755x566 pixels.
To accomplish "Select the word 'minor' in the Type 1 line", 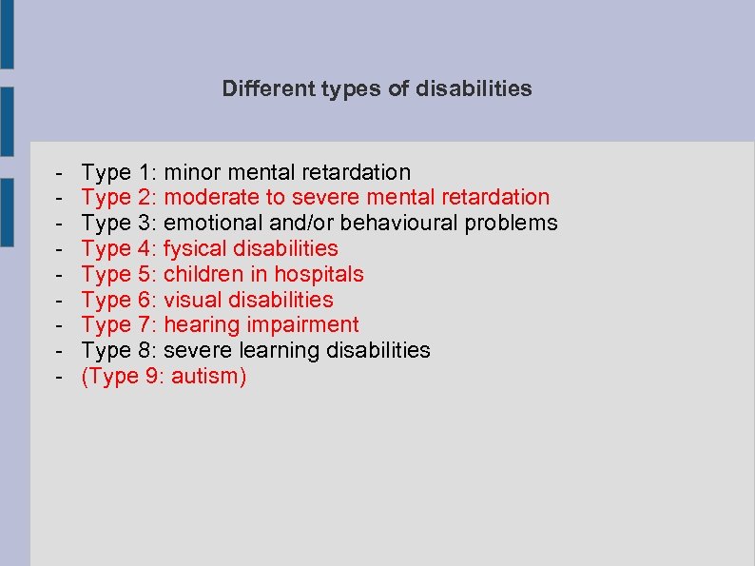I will tap(192, 172).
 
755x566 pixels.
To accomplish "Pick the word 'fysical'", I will tap(195, 249).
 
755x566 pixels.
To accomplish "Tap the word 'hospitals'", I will tap(319, 275).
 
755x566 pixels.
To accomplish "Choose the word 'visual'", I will tap(192, 301).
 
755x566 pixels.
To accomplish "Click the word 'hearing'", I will tap(200, 325).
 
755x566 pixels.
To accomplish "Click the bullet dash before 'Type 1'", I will tap(59, 173).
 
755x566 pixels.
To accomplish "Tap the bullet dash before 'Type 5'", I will tap(59, 275).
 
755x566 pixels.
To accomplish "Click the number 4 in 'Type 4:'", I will tap(145, 249).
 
